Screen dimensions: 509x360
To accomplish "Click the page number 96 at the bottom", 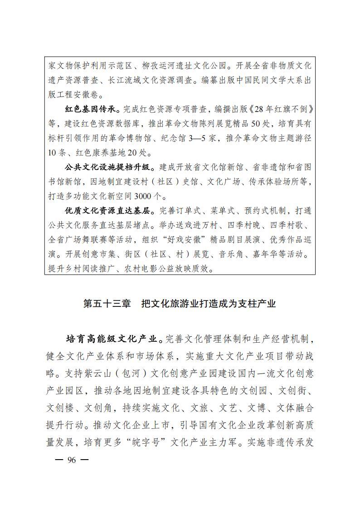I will coord(71,460).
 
